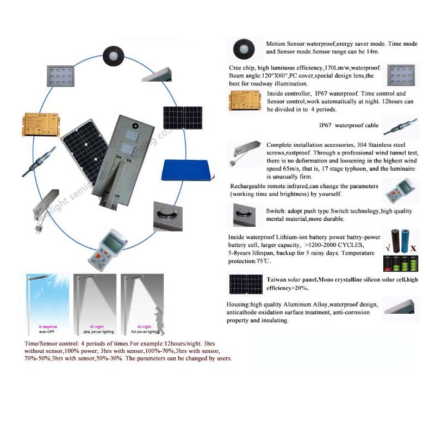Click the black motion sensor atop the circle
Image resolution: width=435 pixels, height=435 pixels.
(x=113, y=56)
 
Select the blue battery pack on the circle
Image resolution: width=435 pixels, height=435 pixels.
(x=188, y=171)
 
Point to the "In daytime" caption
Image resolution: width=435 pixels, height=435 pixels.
(x=48, y=326)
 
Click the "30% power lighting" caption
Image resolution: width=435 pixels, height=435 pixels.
(x=95, y=331)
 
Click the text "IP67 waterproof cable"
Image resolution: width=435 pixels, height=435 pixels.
(x=349, y=126)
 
